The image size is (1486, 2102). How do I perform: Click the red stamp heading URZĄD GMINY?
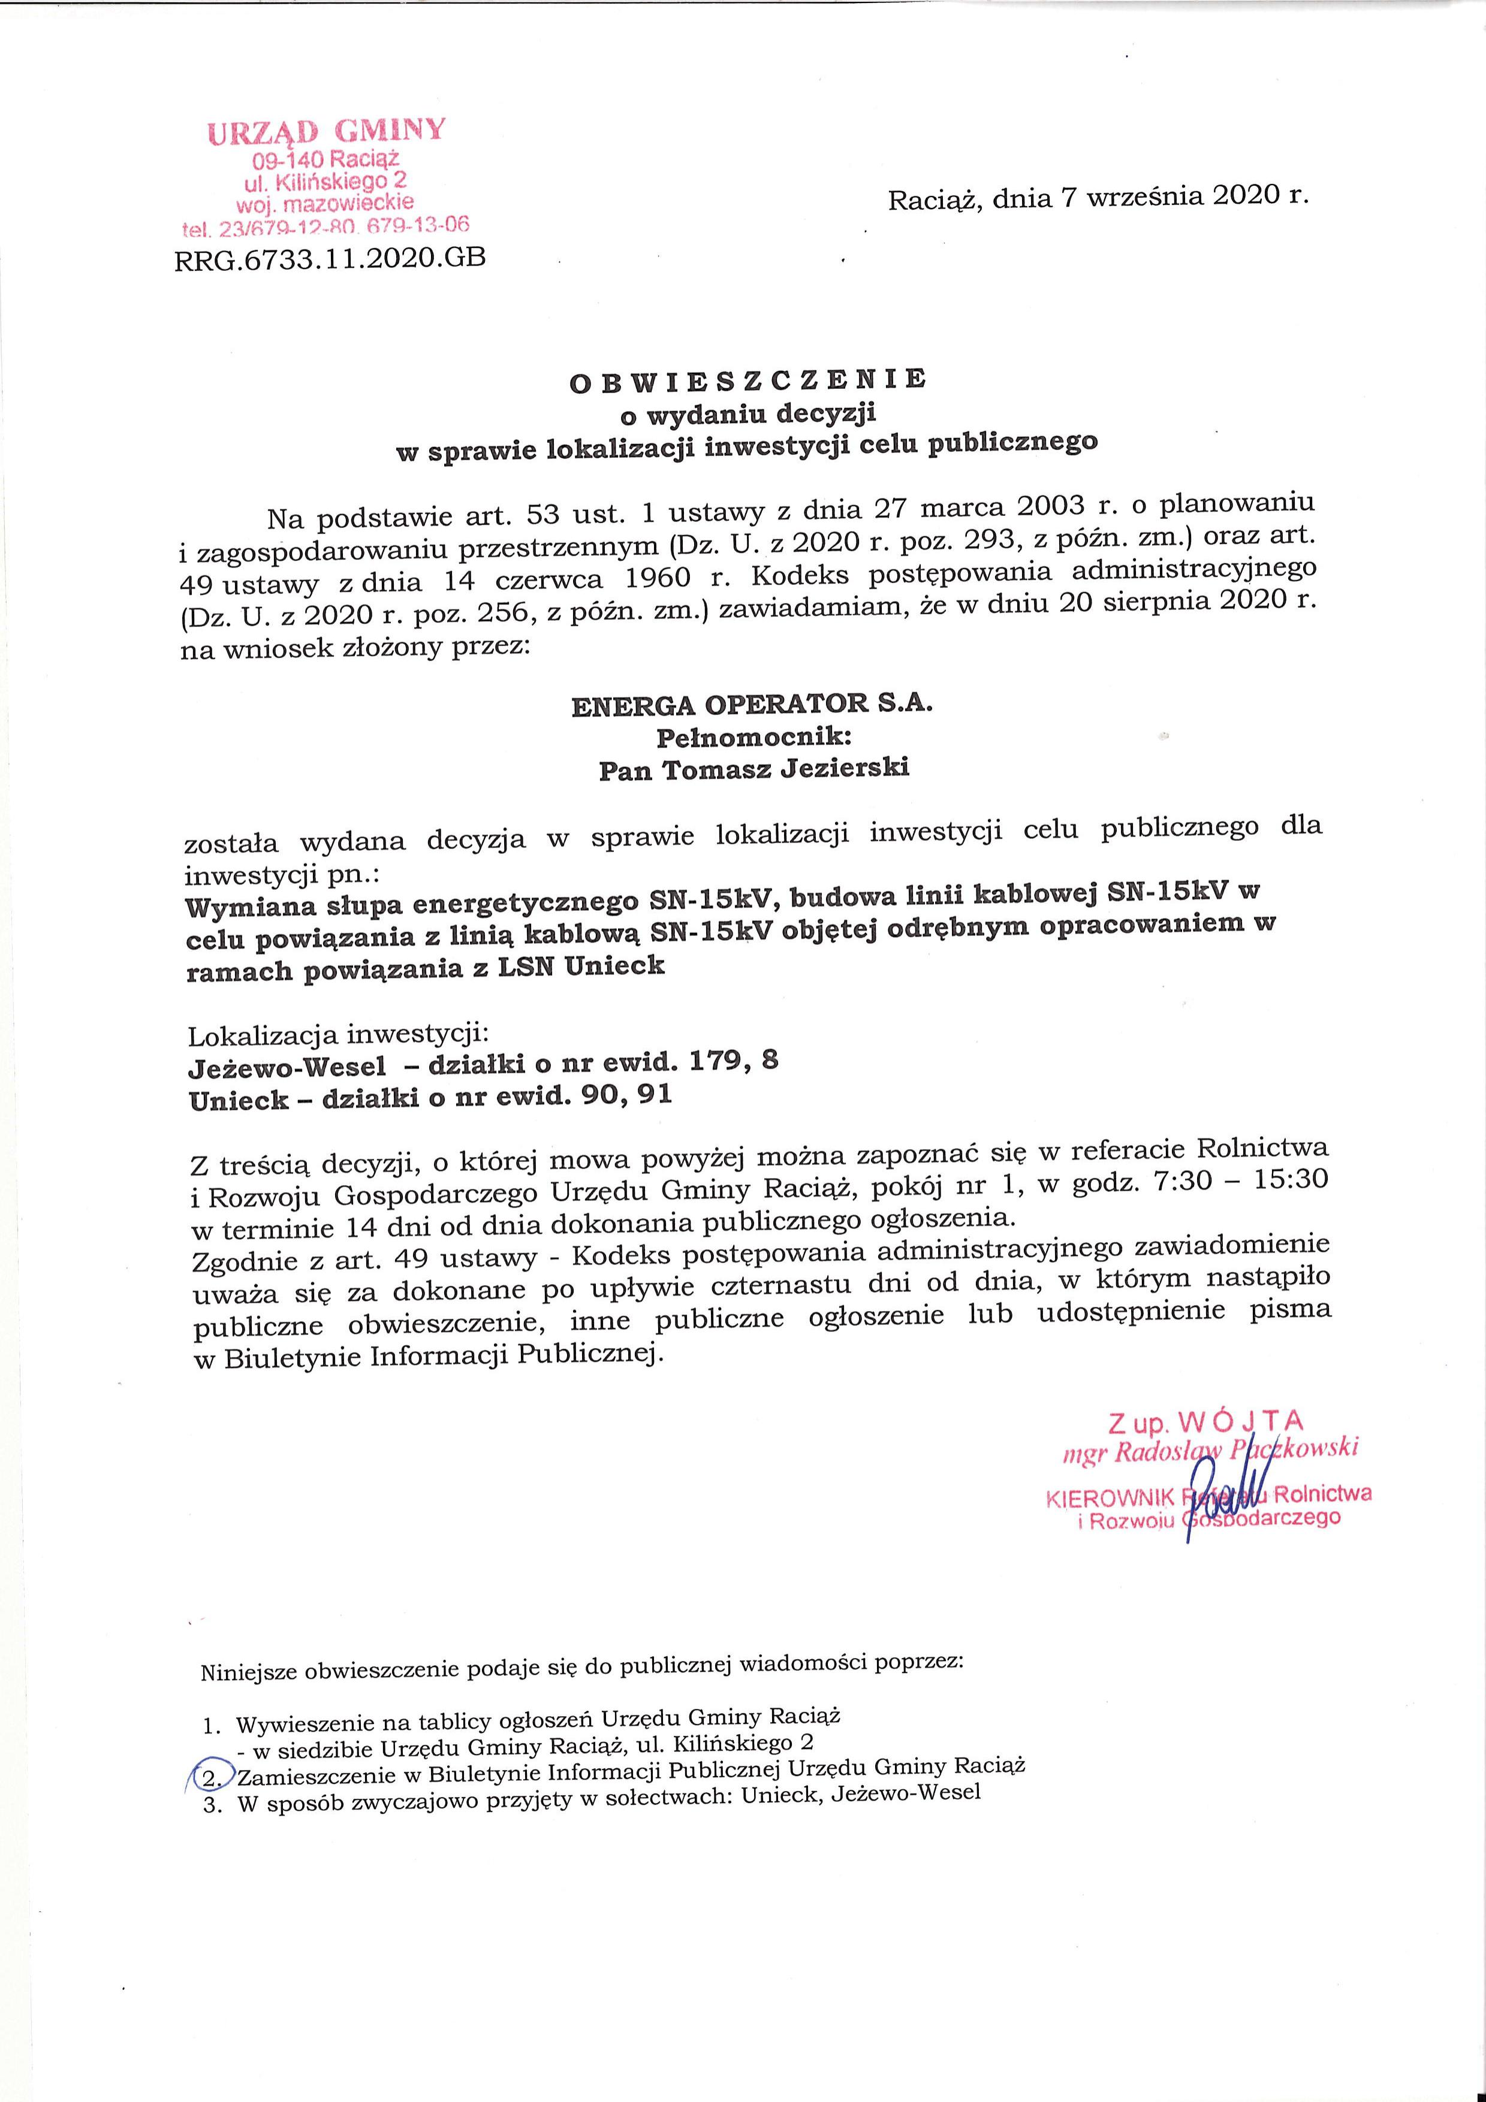327,131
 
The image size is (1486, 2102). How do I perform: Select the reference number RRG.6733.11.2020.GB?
330,259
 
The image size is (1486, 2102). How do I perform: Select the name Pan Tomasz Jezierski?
753,769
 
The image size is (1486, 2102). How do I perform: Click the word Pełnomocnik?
750,738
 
